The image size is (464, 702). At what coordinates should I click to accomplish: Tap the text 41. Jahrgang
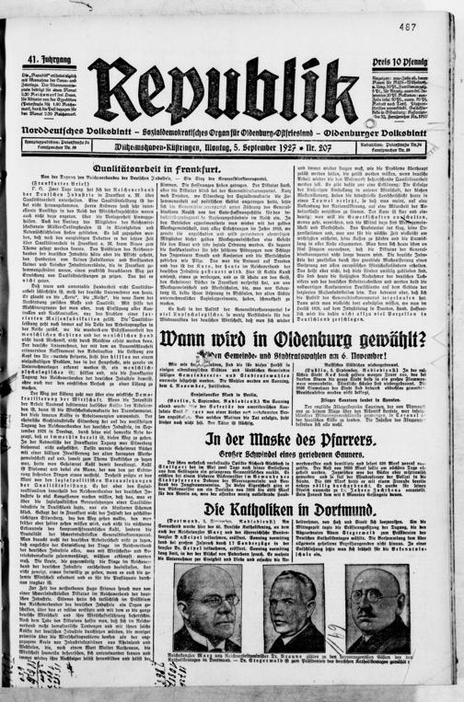tap(40, 61)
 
